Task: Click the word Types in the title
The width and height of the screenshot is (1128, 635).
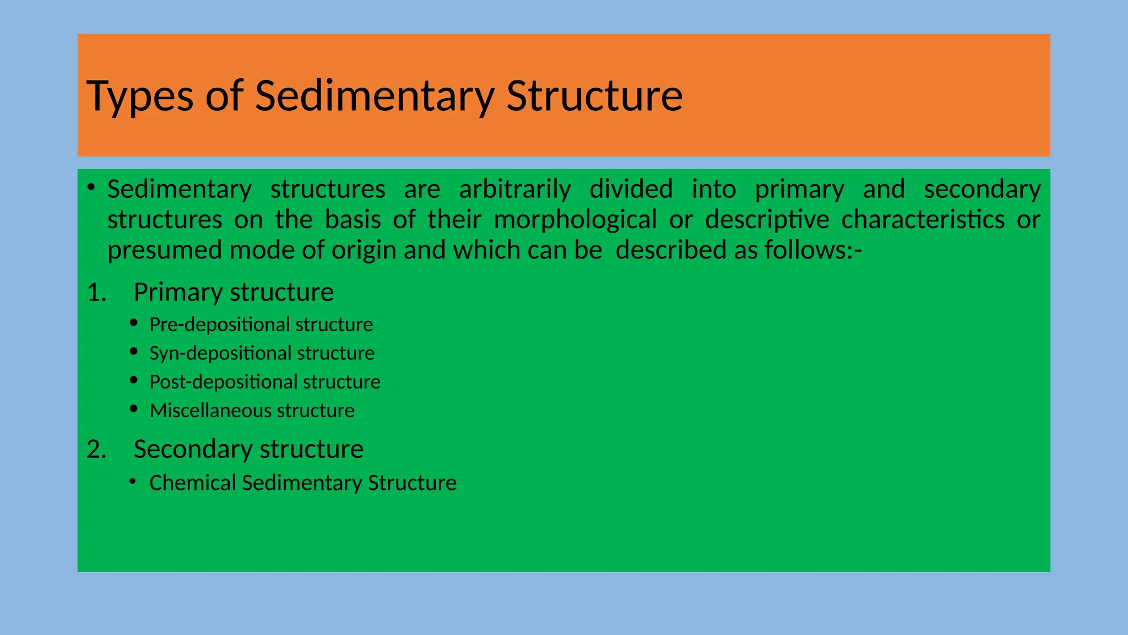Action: click(140, 96)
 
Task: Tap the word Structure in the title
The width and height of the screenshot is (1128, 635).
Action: click(594, 96)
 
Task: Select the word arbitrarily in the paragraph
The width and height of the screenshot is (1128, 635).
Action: click(515, 189)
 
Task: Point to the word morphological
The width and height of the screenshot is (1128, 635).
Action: click(575, 219)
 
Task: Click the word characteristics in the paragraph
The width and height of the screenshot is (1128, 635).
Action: click(923, 219)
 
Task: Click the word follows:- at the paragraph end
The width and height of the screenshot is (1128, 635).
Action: click(813, 250)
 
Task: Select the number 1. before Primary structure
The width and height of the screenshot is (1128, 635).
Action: click(97, 293)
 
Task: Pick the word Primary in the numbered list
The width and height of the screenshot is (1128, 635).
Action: click(177, 293)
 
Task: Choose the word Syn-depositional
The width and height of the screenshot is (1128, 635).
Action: click(220, 353)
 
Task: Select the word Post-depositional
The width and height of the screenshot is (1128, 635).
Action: click(223, 382)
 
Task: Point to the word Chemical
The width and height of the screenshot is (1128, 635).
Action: click(192, 483)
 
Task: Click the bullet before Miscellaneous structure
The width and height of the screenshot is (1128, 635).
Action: click(134, 409)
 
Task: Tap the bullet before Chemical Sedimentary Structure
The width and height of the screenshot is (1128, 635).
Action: click(133, 482)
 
